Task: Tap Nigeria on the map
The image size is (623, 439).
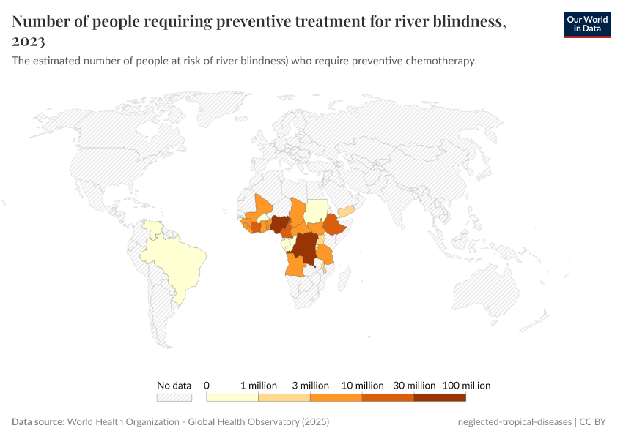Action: (x=281, y=223)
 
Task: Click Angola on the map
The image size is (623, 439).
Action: (x=297, y=265)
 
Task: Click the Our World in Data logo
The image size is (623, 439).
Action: (x=587, y=24)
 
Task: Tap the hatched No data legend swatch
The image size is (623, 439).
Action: (x=174, y=397)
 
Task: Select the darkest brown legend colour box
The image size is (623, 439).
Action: (x=440, y=397)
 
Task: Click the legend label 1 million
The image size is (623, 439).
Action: (x=259, y=385)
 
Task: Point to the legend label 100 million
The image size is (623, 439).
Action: (x=466, y=385)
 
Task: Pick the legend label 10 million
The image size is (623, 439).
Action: (x=362, y=385)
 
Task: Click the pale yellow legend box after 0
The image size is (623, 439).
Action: (x=232, y=397)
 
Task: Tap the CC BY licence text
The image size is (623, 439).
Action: (x=594, y=422)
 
